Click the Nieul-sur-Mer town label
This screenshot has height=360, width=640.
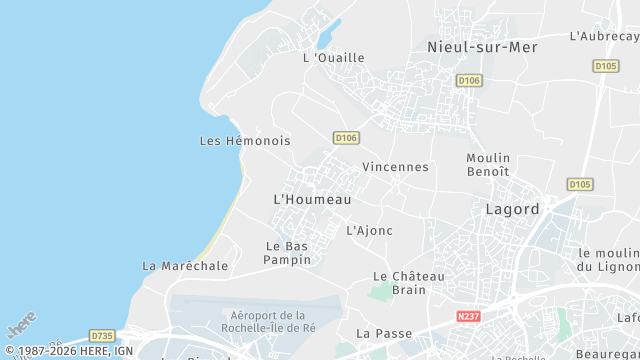click(x=482, y=47)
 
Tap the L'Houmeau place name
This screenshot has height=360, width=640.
click(x=312, y=200)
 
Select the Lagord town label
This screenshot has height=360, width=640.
click(x=512, y=210)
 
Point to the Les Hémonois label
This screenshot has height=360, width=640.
click(x=245, y=141)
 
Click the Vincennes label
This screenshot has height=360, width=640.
click(x=395, y=167)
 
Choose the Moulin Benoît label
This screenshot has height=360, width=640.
click(x=488, y=165)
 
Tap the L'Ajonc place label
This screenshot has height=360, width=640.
click(x=369, y=230)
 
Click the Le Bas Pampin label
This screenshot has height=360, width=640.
click(x=287, y=253)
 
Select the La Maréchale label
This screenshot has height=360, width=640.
click(x=185, y=266)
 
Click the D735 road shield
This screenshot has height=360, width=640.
click(x=102, y=336)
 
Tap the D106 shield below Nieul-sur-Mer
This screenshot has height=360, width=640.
click(x=468, y=80)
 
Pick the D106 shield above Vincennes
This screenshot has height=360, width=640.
click(x=346, y=137)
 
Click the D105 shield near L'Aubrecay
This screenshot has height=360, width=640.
click(x=605, y=66)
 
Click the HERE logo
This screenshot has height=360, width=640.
click(x=21, y=326)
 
